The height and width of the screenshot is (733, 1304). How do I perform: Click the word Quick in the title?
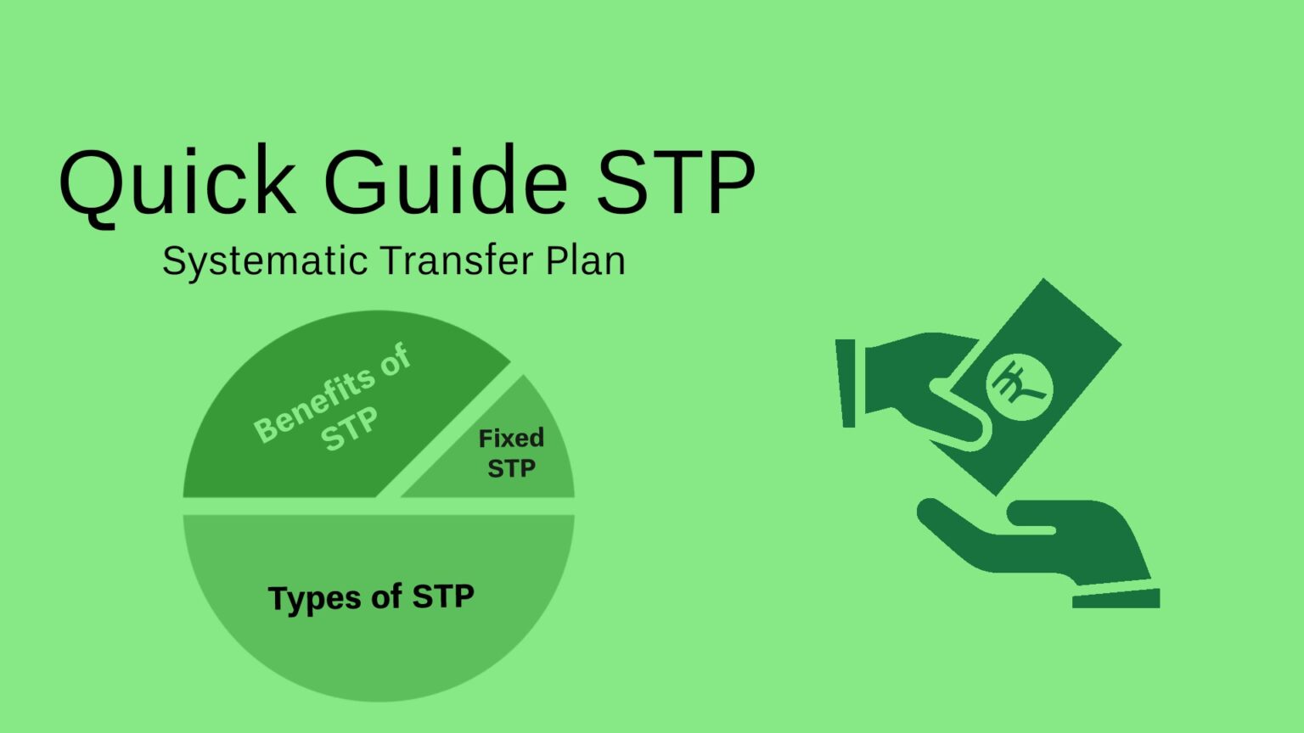coord(177,184)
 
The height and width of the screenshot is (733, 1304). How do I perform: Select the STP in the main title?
coord(676,181)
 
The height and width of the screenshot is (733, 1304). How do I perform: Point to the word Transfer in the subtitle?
coord(457,260)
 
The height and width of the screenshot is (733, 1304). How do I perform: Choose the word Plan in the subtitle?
coord(586,260)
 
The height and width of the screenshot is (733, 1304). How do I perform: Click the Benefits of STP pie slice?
coord(326,419)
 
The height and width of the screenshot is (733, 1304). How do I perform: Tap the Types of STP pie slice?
coord(379,599)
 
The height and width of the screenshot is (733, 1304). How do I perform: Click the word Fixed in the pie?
coord(511,438)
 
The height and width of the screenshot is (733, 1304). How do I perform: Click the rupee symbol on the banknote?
coord(1019,387)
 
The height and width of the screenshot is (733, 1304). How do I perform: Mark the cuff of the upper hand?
coord(846,383)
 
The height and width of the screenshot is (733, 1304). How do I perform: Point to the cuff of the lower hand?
coord(1116,599)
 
